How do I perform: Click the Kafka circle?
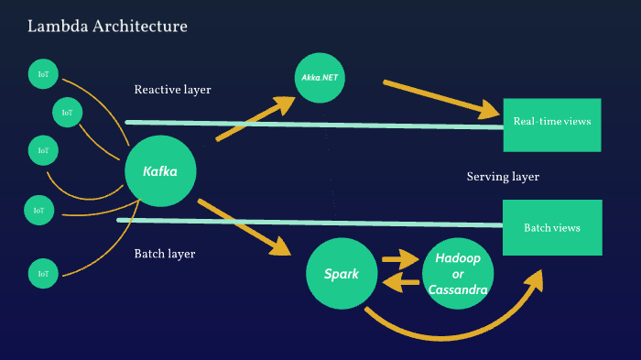pos(161,171)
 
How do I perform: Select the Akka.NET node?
pos(320,78)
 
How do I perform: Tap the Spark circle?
pos(341,274)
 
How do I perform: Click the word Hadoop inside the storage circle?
pos(458,258)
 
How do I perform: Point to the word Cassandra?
pos(458,290)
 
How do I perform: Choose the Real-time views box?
pos(551,124)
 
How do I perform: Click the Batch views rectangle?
pos(551,227)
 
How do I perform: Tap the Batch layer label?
pos(165,254)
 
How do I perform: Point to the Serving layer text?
pos(503,177)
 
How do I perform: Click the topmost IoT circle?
pos(42,73)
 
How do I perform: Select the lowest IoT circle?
pos(42,273)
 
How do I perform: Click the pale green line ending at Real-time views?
pos(311,124)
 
